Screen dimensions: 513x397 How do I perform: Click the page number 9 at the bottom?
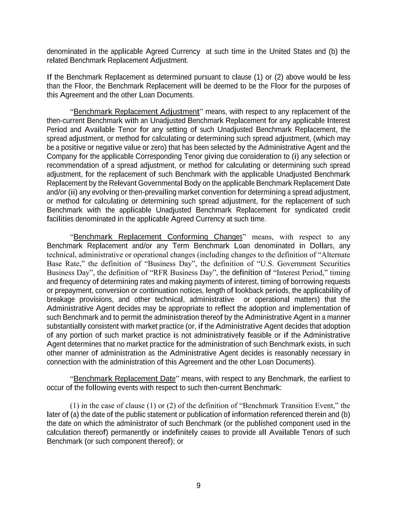pyautogui.click(x=198, y=486)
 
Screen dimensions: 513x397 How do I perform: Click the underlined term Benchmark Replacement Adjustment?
pyautogui.click(x=136, y=112)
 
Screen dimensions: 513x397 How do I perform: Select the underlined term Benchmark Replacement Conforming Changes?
pyautogui.click(x=158, y=237)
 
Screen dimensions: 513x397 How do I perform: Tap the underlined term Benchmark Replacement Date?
pyautogui.click(x=125, y=378)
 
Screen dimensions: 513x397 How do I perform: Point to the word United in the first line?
pyautogui.click(x=280, y=51)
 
